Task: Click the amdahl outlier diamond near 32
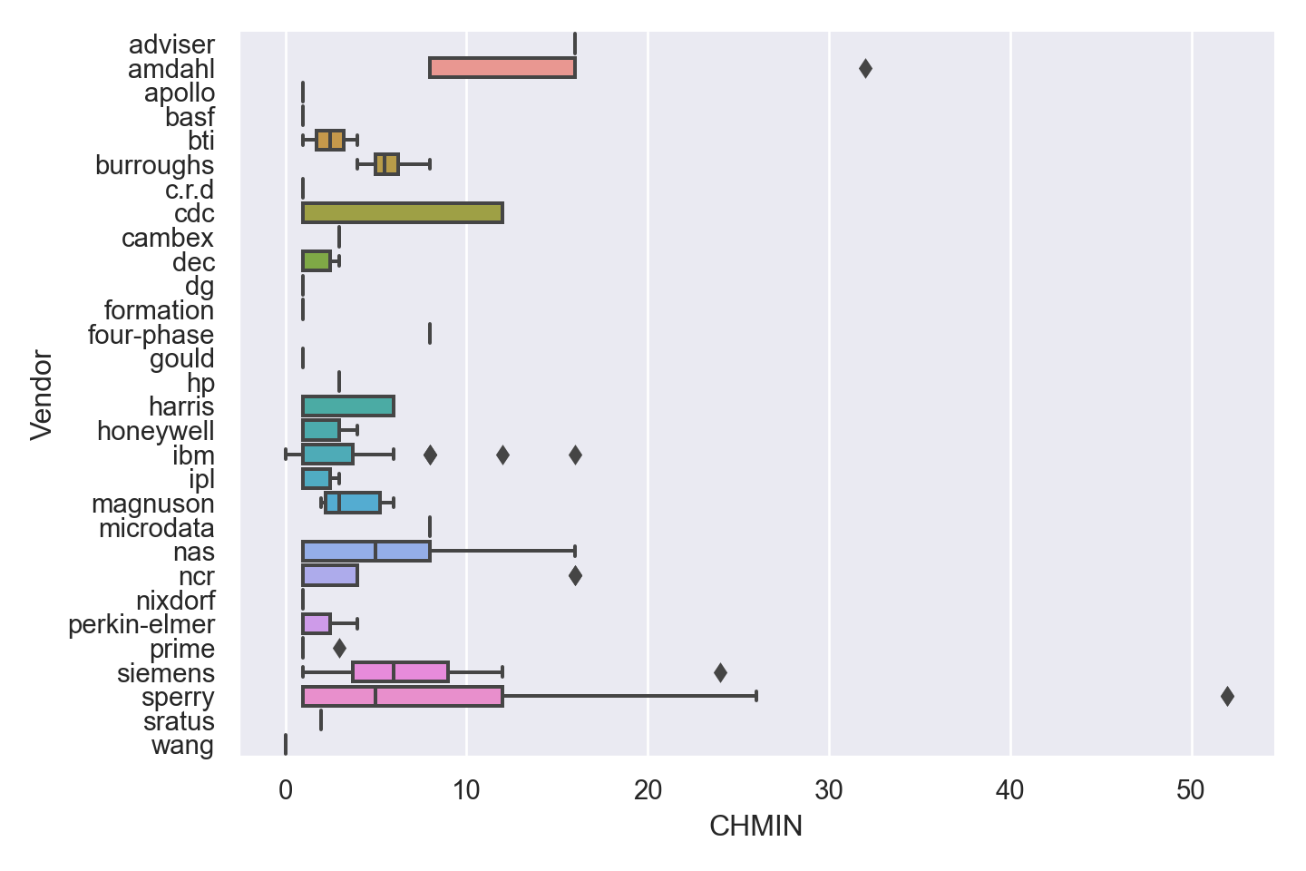(x=865, y=68)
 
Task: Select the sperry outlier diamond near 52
(x=1227, y=697)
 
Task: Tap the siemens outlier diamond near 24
(x=720, y=672)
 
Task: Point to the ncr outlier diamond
(x=575, y=575)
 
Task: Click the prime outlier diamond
(x=339, y=648)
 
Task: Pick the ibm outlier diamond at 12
(x=502, y=455)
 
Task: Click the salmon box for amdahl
(x=502, y=68)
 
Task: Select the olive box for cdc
(x=403, y=213)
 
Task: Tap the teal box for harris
(x=348, y=406)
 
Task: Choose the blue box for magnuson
(x=353, y=503)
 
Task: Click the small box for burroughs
(x=386, y=164)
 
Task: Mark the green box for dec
(x=317, y=261)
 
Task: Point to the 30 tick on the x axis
(x=829, y=790)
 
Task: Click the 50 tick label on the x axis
(x=1191, y=790)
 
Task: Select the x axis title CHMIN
(x=755, y=827)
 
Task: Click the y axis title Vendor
(x=42, y=395)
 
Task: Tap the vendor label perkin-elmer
(x=141, y=624)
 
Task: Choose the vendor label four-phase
(x=151, y=334)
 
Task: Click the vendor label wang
(x=182, y=745)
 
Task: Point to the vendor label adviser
(x=171, y=44)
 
